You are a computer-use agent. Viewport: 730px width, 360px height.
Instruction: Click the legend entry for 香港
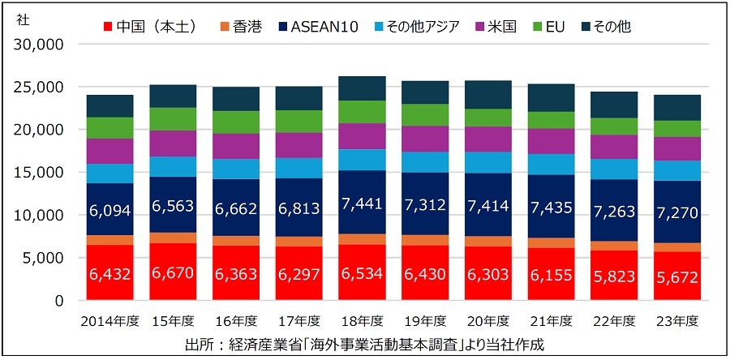coord(238,26)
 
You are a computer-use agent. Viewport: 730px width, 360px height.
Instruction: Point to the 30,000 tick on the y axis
coord(40,44)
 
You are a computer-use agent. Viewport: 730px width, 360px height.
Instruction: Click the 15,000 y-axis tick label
coord(40,173)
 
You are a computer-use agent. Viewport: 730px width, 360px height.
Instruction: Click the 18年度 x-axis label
coord(362,321)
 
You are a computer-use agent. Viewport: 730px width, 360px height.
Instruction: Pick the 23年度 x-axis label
coord(678,321)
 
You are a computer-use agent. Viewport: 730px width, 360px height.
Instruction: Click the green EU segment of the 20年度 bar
coord(488,118)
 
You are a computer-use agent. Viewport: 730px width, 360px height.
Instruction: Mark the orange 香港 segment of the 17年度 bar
coord(299,241)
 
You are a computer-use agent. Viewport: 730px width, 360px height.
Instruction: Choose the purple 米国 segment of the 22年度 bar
coord(615,146)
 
